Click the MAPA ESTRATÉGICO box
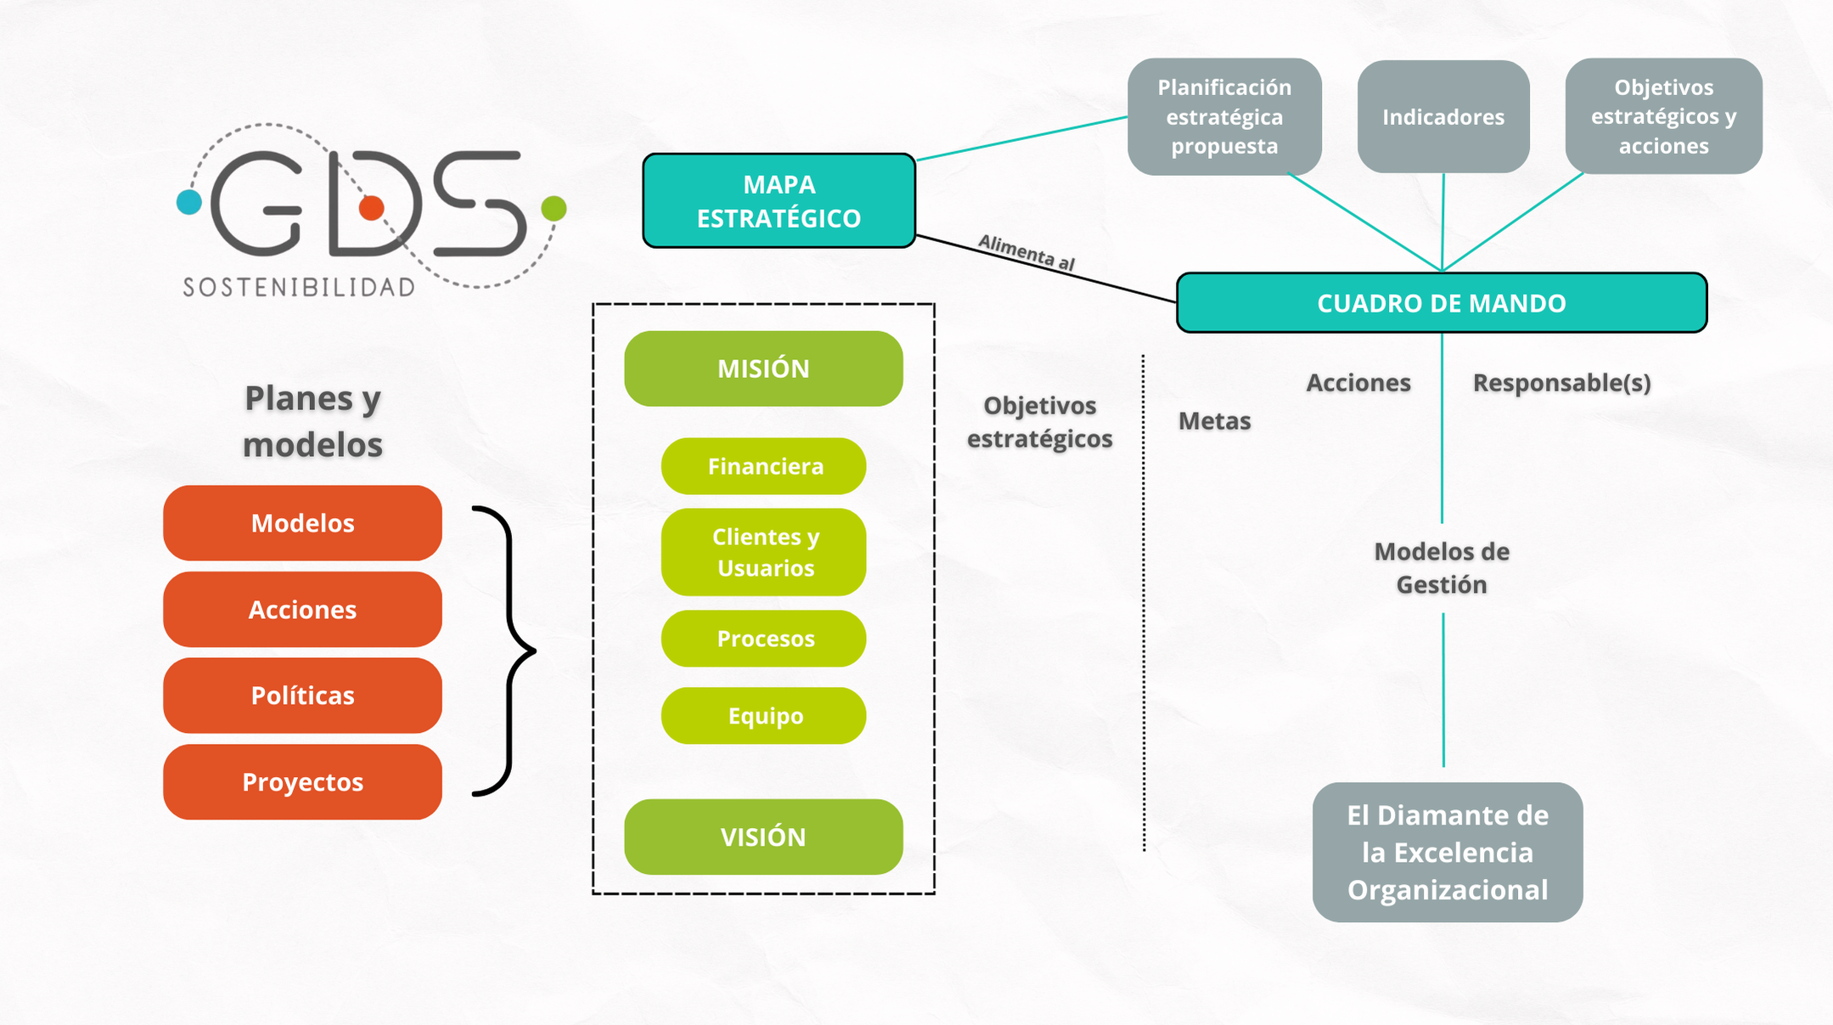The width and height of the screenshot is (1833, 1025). pyautogui.click(x=779, y=201)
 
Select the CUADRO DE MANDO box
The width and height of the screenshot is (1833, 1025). pyautogui.click(x=1441, y=303)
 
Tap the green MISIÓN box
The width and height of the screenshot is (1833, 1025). pyautogui.click(x=763, y=369)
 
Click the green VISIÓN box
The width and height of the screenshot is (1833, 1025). pyautogui.click(x=763, y=837)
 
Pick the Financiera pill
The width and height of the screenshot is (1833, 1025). pyautogui.click(x=764, y=466)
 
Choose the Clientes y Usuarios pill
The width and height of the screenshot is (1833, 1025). pyautogui.click(x=764, y=552)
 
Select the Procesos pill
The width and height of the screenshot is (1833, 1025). pyautogui.click(x=764, y=639)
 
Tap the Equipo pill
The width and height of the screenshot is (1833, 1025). pyautogui.click(x=764, y=716)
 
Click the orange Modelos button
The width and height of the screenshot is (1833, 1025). pyautogui.click(x=302, y=523)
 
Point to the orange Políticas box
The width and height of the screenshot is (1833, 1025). pyautogui.click(x=302, y=696)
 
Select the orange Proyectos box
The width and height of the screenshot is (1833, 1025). pyautogui.click(x=302, y=782)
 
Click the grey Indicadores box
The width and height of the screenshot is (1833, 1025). pyautogui.click(x=1443, y=117)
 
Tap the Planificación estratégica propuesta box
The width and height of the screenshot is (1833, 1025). pyautogui.click(x=1224, y=117)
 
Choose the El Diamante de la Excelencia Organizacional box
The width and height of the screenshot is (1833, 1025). pyautogui.click(x=1448, y=853)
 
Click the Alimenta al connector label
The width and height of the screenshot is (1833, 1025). pyautogui.click(x=1026, y=253)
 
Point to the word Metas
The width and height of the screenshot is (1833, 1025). pyautogui.click(x=1214, y=421)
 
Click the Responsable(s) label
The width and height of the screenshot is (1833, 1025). pyautogui.click(x=1561, y=383)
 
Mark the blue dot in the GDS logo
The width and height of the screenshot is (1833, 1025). pyautogui.click(x=189, y=202)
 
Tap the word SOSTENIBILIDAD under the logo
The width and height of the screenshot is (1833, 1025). pyautogui.click(x=299, y=288)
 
